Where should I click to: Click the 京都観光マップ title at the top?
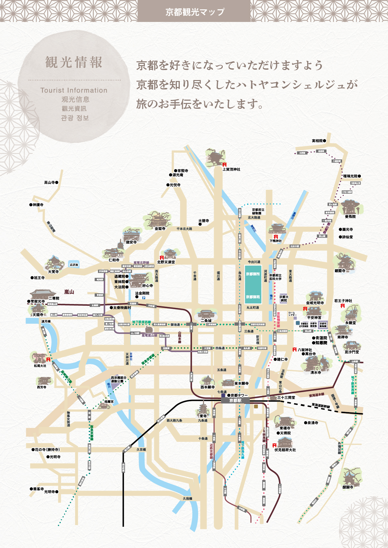point(195,12)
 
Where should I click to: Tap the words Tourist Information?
point(74,90)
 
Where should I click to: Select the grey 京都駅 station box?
point(235,401)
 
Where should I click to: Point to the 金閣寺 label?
point(160,228)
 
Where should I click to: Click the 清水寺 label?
point(316,372)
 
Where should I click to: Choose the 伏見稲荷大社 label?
point(285,450)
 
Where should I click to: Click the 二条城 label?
point(206,321)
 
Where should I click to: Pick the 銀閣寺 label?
point(340,271)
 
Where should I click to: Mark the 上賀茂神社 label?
point(232,169)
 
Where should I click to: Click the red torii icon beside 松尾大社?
point(48,359)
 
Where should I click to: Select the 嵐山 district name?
point(69,292)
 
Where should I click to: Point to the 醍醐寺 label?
point(348,487)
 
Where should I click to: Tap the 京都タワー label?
point(239,395)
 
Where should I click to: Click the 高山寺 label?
point(49,183)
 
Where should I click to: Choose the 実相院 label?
point(317,141)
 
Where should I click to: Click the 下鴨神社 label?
point(276,241)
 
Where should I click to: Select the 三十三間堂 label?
point(286,398)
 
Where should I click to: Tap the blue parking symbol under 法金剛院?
point(144,298)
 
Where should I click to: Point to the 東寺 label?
point(203,416)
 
